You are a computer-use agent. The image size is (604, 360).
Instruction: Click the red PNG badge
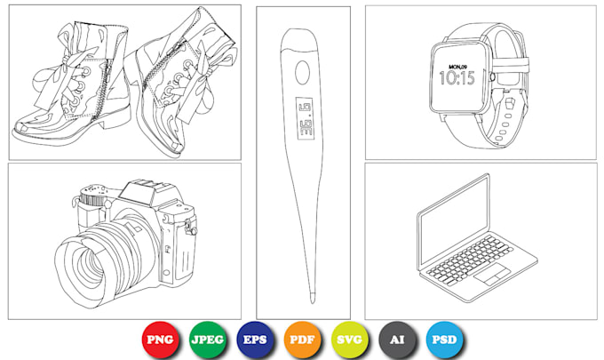pyautogui.click(x=160, y=340)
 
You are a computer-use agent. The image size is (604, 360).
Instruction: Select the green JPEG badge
pyautogui.click(x=208, y=340)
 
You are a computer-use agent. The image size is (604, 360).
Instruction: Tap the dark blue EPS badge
pyautogui.click(x=255, y=340)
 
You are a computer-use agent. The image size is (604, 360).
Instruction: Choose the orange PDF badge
pyautogui.click(x=302, y=340)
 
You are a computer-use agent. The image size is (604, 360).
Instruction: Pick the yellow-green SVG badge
pyautogui.click(x=350, y=340)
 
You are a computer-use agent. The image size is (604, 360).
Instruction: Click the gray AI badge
pyautogui.click(x=397, y=340)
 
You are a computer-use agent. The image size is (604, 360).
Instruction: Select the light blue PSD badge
pyautogui.click(x=444, y=340)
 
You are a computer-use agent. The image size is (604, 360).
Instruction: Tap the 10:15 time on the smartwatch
pyautogui.click(x=457, y=78)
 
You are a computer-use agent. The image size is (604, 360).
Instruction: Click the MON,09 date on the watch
pyautogui.click(x=457, y=67)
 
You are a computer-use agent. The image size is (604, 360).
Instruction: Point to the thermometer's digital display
pyautogui.click(x=305, y=118)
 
